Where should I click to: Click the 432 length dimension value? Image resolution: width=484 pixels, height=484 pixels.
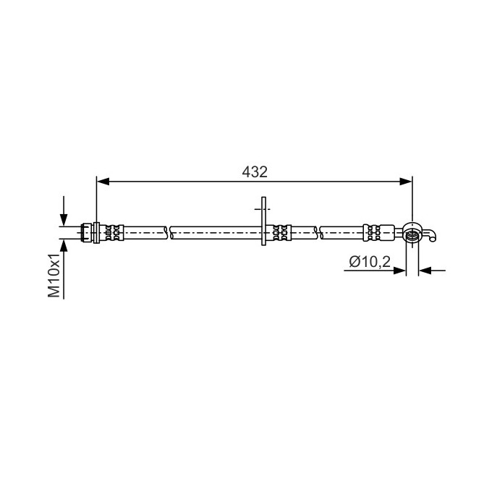click(255, 172)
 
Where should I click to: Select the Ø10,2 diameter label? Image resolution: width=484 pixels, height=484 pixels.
click(370, 262)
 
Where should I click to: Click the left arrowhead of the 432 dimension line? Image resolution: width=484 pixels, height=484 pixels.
click(103, 182)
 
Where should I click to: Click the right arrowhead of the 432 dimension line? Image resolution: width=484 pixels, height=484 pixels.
click(406, 182)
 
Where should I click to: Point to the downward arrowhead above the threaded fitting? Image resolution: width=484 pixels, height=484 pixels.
click(64, 220)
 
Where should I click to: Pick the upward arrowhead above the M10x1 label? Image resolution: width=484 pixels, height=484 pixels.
click(64, 245)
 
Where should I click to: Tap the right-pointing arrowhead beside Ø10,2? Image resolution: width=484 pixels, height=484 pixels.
click(400, 271)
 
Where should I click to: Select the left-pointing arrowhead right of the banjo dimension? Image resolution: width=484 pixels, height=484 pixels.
click(425, 271)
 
